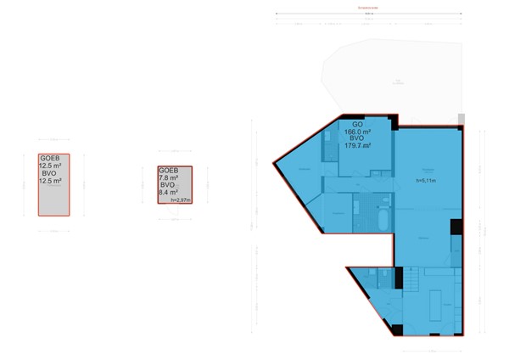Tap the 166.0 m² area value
(357, 132)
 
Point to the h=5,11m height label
(425, 181)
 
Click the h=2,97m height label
(181, 200)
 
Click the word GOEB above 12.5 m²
(50, 158)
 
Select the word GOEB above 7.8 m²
(168, 170)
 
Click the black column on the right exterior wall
(456, 228)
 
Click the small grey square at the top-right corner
(461, 118)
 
